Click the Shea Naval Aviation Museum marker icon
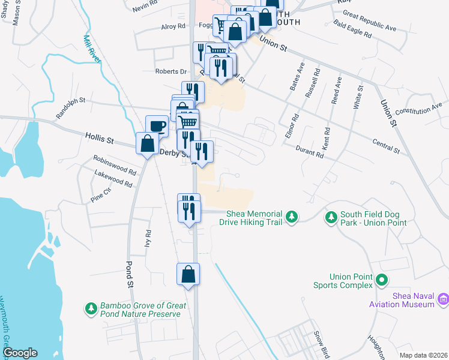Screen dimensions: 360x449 [x=443, y=298]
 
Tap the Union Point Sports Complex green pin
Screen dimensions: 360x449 [x=381, y=280]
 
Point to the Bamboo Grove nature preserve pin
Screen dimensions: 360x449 [x=91, y=308]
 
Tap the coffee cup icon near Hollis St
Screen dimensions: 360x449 [x=157, y=126]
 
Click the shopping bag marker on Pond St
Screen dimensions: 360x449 [x=148, y=144]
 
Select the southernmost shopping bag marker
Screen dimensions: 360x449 [x=188, y=274]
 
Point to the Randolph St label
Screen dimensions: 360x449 [x=71, y=108]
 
